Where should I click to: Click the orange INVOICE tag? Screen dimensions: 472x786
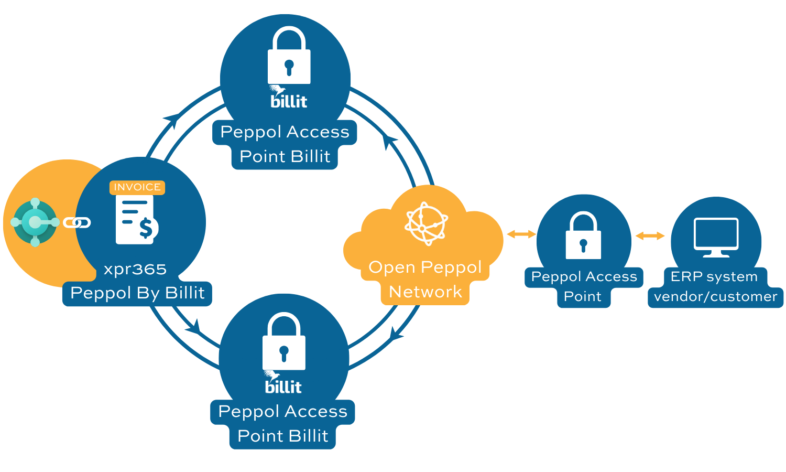tap(137, 187)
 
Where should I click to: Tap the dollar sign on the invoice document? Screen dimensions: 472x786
tap(146, 228)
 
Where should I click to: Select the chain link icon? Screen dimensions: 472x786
tap(77, 223)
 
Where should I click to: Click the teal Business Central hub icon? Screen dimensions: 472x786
tap(35, 222)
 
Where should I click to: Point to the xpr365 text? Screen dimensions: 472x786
tap(135, 269)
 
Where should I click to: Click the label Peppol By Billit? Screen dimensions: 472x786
tap(137, 293)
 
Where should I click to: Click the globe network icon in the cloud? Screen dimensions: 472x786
tap(426, 223)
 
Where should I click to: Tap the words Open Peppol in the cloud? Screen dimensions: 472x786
tap(425, 267)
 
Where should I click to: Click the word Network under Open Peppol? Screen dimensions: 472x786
tap(425, 292)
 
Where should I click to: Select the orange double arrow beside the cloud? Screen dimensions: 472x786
tap(521, 234)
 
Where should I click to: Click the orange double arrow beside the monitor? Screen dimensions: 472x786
tap(650, 236)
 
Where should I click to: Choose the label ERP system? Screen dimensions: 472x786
tap(714, 276)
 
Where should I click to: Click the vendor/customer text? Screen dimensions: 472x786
tap(716, 296)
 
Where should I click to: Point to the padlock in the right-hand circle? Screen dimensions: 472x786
tap(583, 235)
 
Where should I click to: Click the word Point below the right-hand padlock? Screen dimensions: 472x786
tap(583, 296)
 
